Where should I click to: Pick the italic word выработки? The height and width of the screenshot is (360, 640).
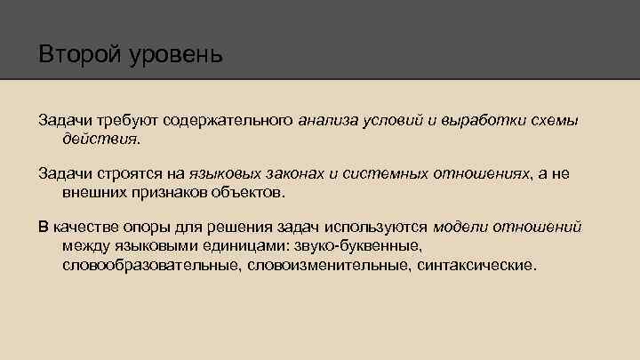(x=484, y=121)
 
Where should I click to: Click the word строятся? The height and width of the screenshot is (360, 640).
(x=127, y=173)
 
